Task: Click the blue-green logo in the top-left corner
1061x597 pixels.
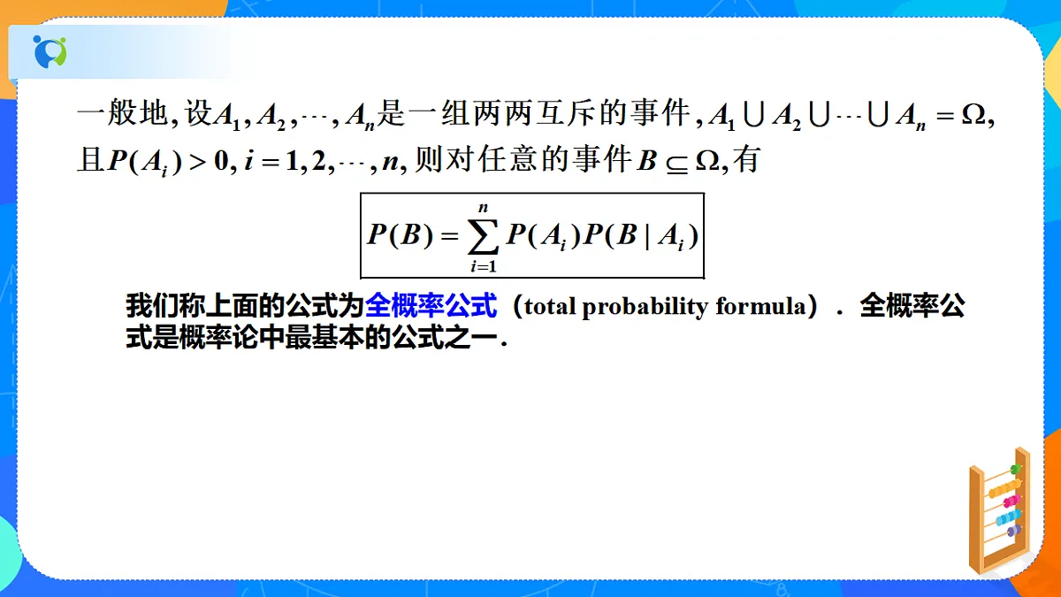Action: [x=50, y=50]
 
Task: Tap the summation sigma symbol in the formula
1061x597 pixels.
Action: [x=483, y=237]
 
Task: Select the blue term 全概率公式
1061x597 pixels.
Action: [x=431, y=306]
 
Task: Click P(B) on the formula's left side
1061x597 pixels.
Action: [x=397, y=235]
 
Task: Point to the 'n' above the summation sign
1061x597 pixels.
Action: [x=483, y=208]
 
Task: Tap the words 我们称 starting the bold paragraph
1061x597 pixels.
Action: [x=161, y=306]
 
